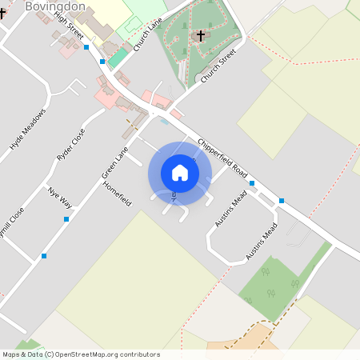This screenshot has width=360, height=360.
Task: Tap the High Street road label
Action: click(x=70, y=26)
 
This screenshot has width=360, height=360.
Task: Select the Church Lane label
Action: click(x=148, y=35)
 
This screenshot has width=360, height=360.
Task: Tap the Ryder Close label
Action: click(x=70, y=145)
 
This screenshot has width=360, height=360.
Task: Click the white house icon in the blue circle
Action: click(x=180, y=173)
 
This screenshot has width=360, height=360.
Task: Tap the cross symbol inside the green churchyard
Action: click(x=200, y=36)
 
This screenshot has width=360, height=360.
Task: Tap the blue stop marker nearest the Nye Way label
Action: click(x=66, y=218)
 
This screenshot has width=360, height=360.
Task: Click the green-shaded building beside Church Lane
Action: click(x=118, y=58)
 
